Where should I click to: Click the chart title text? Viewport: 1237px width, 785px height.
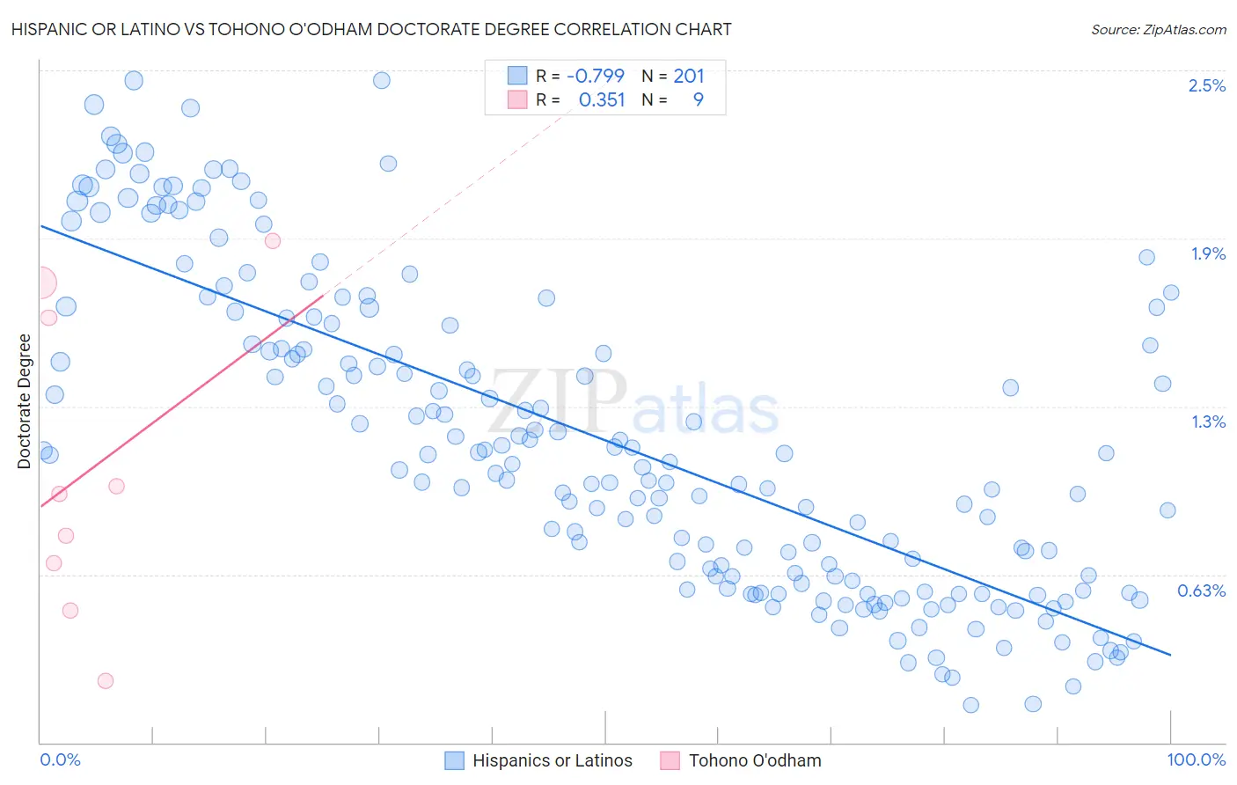[371, 29]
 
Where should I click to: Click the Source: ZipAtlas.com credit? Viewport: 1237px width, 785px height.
[1158, 29]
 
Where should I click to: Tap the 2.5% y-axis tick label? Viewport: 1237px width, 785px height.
[1206, 85]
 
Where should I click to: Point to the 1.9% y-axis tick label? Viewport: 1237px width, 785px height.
[1208, 253]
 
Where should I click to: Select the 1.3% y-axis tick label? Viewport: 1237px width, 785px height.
[1208, 422]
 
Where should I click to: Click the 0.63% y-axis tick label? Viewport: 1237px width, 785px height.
[1201, 591]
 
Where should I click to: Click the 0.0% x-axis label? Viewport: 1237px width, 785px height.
[60, 759]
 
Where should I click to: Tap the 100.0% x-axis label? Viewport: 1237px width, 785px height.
[1196, 759]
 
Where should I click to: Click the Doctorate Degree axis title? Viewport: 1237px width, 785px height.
[24, 401]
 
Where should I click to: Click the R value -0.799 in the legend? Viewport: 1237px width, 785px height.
[595, 76]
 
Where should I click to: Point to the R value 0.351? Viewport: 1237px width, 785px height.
[602, 99]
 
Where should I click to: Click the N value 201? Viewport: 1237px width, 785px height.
[689, 76]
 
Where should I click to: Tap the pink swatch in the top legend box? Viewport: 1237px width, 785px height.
[517, 99]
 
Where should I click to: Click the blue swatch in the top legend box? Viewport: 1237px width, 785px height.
[517, 76]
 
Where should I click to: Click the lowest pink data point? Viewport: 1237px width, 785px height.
[106, 680]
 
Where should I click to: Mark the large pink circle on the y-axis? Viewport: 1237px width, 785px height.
[40, 283]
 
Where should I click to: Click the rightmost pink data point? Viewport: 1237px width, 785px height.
[273, 241]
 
